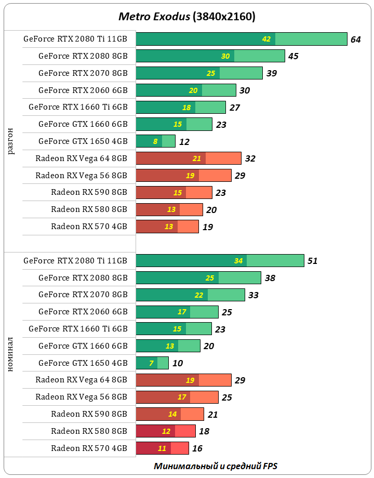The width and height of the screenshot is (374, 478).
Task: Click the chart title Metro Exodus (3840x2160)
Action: [x=187, y=17]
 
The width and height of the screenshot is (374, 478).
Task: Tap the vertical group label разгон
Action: [x=11, y=141]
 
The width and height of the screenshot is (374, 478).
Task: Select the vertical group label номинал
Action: [x=11, y=354]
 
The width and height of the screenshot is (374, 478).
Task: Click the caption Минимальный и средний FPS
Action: [x=219, y=466]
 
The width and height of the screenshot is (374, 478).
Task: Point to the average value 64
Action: [x=356, y=39]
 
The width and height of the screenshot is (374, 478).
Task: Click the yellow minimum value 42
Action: [x=266, y=39]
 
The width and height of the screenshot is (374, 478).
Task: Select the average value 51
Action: [x=312, y=261]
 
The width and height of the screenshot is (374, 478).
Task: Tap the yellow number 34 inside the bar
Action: [x=238, y=261]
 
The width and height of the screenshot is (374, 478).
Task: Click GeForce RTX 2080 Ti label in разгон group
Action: [x=75, y=39]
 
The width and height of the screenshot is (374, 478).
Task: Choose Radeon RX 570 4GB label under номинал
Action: [x=89, y=448]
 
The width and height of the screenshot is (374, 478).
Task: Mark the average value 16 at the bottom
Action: [x=197, y=448]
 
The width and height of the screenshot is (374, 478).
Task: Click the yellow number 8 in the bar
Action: [x=155, y=141]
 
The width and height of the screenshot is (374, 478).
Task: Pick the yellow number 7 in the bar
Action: [x=151, y=363]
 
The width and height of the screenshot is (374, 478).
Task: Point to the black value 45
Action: [x=293, y=56]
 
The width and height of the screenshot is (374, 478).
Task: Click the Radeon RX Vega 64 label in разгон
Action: [x=81, y=158]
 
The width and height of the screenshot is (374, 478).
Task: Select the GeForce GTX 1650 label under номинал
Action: [x=83, y=363]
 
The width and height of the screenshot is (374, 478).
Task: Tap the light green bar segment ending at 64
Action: [x=311, y=39]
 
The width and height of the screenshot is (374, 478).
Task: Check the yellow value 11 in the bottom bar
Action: [x=162, y=448]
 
